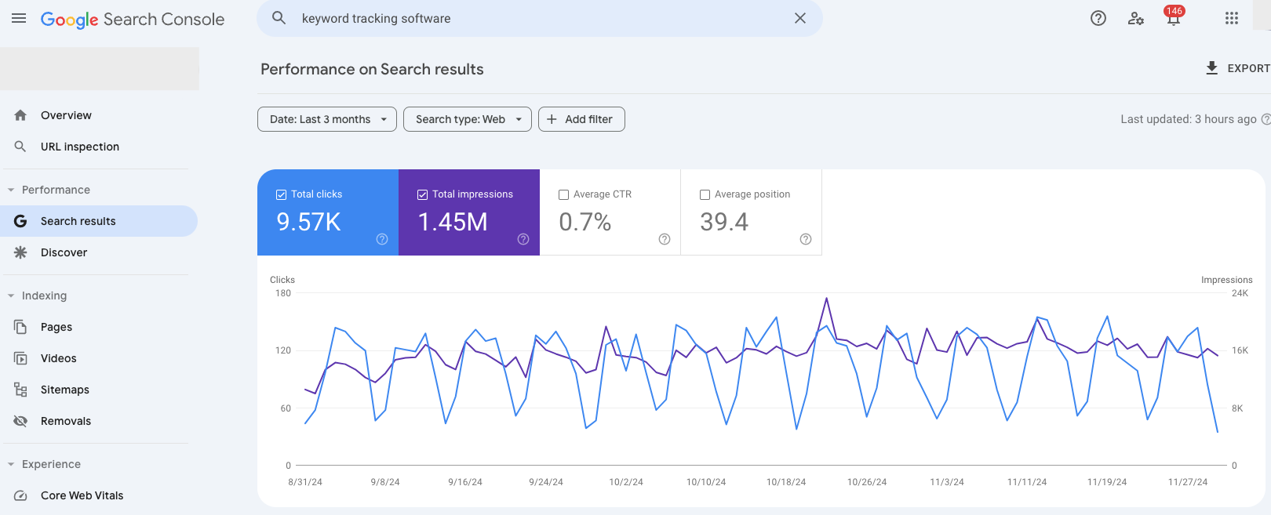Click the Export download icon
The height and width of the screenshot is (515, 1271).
(x=1211, y=68)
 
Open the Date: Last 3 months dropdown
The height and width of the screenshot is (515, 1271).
(x=326, y=119)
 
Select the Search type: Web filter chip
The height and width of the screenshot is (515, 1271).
(x=467, y=119)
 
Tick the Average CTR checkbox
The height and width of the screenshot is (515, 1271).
(x=563, y=194)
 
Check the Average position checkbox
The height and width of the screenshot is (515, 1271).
(x=705, y=194)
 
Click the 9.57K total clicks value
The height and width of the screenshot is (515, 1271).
(x=308, y=222)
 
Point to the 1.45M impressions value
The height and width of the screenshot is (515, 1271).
(x=453, y=222)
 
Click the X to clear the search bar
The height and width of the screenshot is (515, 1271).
(x=799, y=18)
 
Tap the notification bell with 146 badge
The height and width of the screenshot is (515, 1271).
(x=1173, y=19)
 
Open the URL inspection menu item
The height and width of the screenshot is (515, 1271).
(x=79, y=147)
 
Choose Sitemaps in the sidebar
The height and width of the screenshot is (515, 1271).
(x=64, y=390)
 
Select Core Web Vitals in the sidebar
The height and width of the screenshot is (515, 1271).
(x=82, y=495)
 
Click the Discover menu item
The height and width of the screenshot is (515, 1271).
(x=64, y=252)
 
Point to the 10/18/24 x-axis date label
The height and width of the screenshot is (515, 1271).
(x=785, y=482)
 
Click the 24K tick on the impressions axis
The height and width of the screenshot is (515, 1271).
(x=1240, y=293)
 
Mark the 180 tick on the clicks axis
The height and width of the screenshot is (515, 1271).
(x=283, y=293)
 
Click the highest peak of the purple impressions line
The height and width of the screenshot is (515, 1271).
(x=826, y=299)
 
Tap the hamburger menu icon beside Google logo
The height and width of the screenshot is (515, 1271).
(x=19, y=18)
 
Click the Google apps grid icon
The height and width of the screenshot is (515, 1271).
(x=1231, y=18)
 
